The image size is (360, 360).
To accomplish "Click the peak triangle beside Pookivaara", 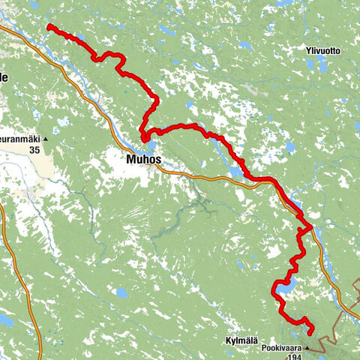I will (307, 349).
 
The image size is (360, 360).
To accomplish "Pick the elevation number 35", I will (34, 150).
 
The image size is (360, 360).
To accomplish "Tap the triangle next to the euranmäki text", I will (45, 139).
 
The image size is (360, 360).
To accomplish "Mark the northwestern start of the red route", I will (49, 26).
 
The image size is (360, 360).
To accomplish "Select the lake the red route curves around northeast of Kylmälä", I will (286, 285).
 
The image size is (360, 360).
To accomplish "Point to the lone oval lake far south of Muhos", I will (122, 292).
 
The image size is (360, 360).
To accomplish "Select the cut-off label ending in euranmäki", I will (18, 139).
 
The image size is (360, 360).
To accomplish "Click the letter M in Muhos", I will (132, 159).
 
